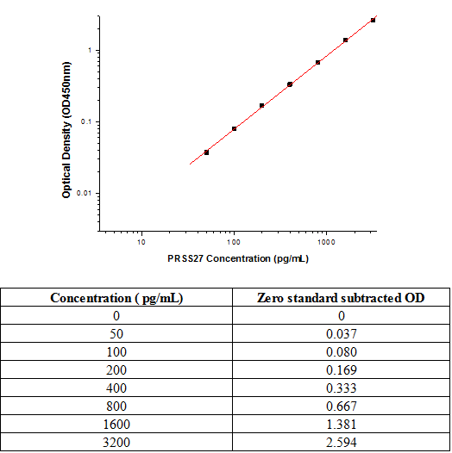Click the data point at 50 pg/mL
(206, 152)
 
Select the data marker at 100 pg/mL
(234, 128)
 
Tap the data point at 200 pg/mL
(261, 105)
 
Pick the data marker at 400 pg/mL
(290, 84)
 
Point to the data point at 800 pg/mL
(317, 62)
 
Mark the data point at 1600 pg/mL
(345, 40)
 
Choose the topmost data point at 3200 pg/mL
(373, 20)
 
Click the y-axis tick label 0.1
(85, 121)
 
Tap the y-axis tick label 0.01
(84, 193)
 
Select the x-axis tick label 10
(141, 242)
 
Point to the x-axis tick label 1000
(326, 242)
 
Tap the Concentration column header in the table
(116, 298)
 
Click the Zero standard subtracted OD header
(341, 298)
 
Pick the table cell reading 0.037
(342, 333)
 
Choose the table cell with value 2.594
(342, 443)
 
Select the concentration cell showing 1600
(116, 424)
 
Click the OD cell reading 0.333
(342, 388)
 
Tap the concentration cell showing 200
(116, 369)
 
